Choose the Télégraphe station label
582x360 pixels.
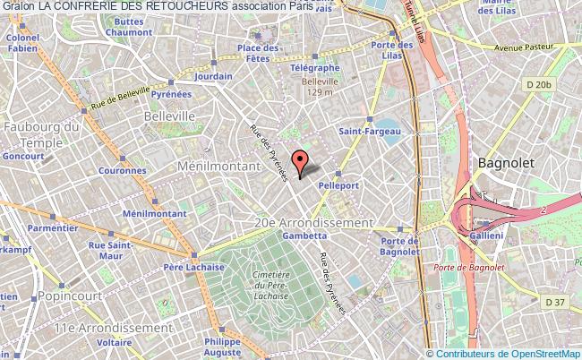point(313,67)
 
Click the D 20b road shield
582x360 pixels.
point(539,84)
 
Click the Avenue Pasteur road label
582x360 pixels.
point(532,47)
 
